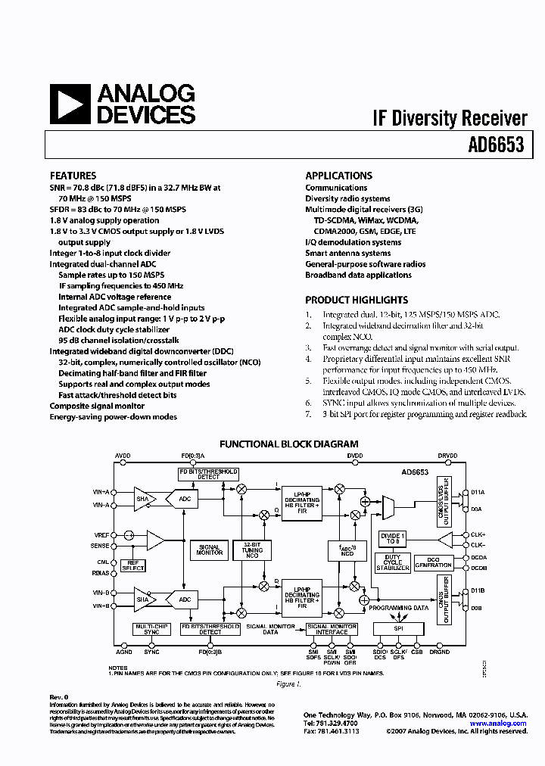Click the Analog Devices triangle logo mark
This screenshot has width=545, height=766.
[x=70, y=104]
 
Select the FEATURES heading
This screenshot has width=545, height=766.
[x=73, y=176]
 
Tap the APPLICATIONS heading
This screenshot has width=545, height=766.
[x=338, y=176]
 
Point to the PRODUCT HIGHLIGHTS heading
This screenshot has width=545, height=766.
[x=357, y=300]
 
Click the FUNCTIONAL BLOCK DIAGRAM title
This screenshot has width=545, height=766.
[x=288, y=444]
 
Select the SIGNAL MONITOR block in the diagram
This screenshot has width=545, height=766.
[x=209, y=550]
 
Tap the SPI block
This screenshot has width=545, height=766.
[x=397, y=629]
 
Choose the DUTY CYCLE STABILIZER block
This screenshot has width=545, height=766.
[x=393, y=562]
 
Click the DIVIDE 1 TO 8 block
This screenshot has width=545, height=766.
[x=393, y=538]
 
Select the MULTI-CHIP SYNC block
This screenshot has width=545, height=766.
[x=151, y=629]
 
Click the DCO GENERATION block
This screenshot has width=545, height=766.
[x=433, y=562]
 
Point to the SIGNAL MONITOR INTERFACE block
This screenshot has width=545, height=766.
[x=331, y=629]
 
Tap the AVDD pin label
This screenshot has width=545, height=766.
[x=123, y=456]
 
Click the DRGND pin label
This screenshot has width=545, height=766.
[x=439, y=651]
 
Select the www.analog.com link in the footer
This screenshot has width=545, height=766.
[x=508, y=724]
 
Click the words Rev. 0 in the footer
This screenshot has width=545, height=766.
[x=59, y=696]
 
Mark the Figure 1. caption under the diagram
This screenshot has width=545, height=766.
[x=288, y=683]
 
